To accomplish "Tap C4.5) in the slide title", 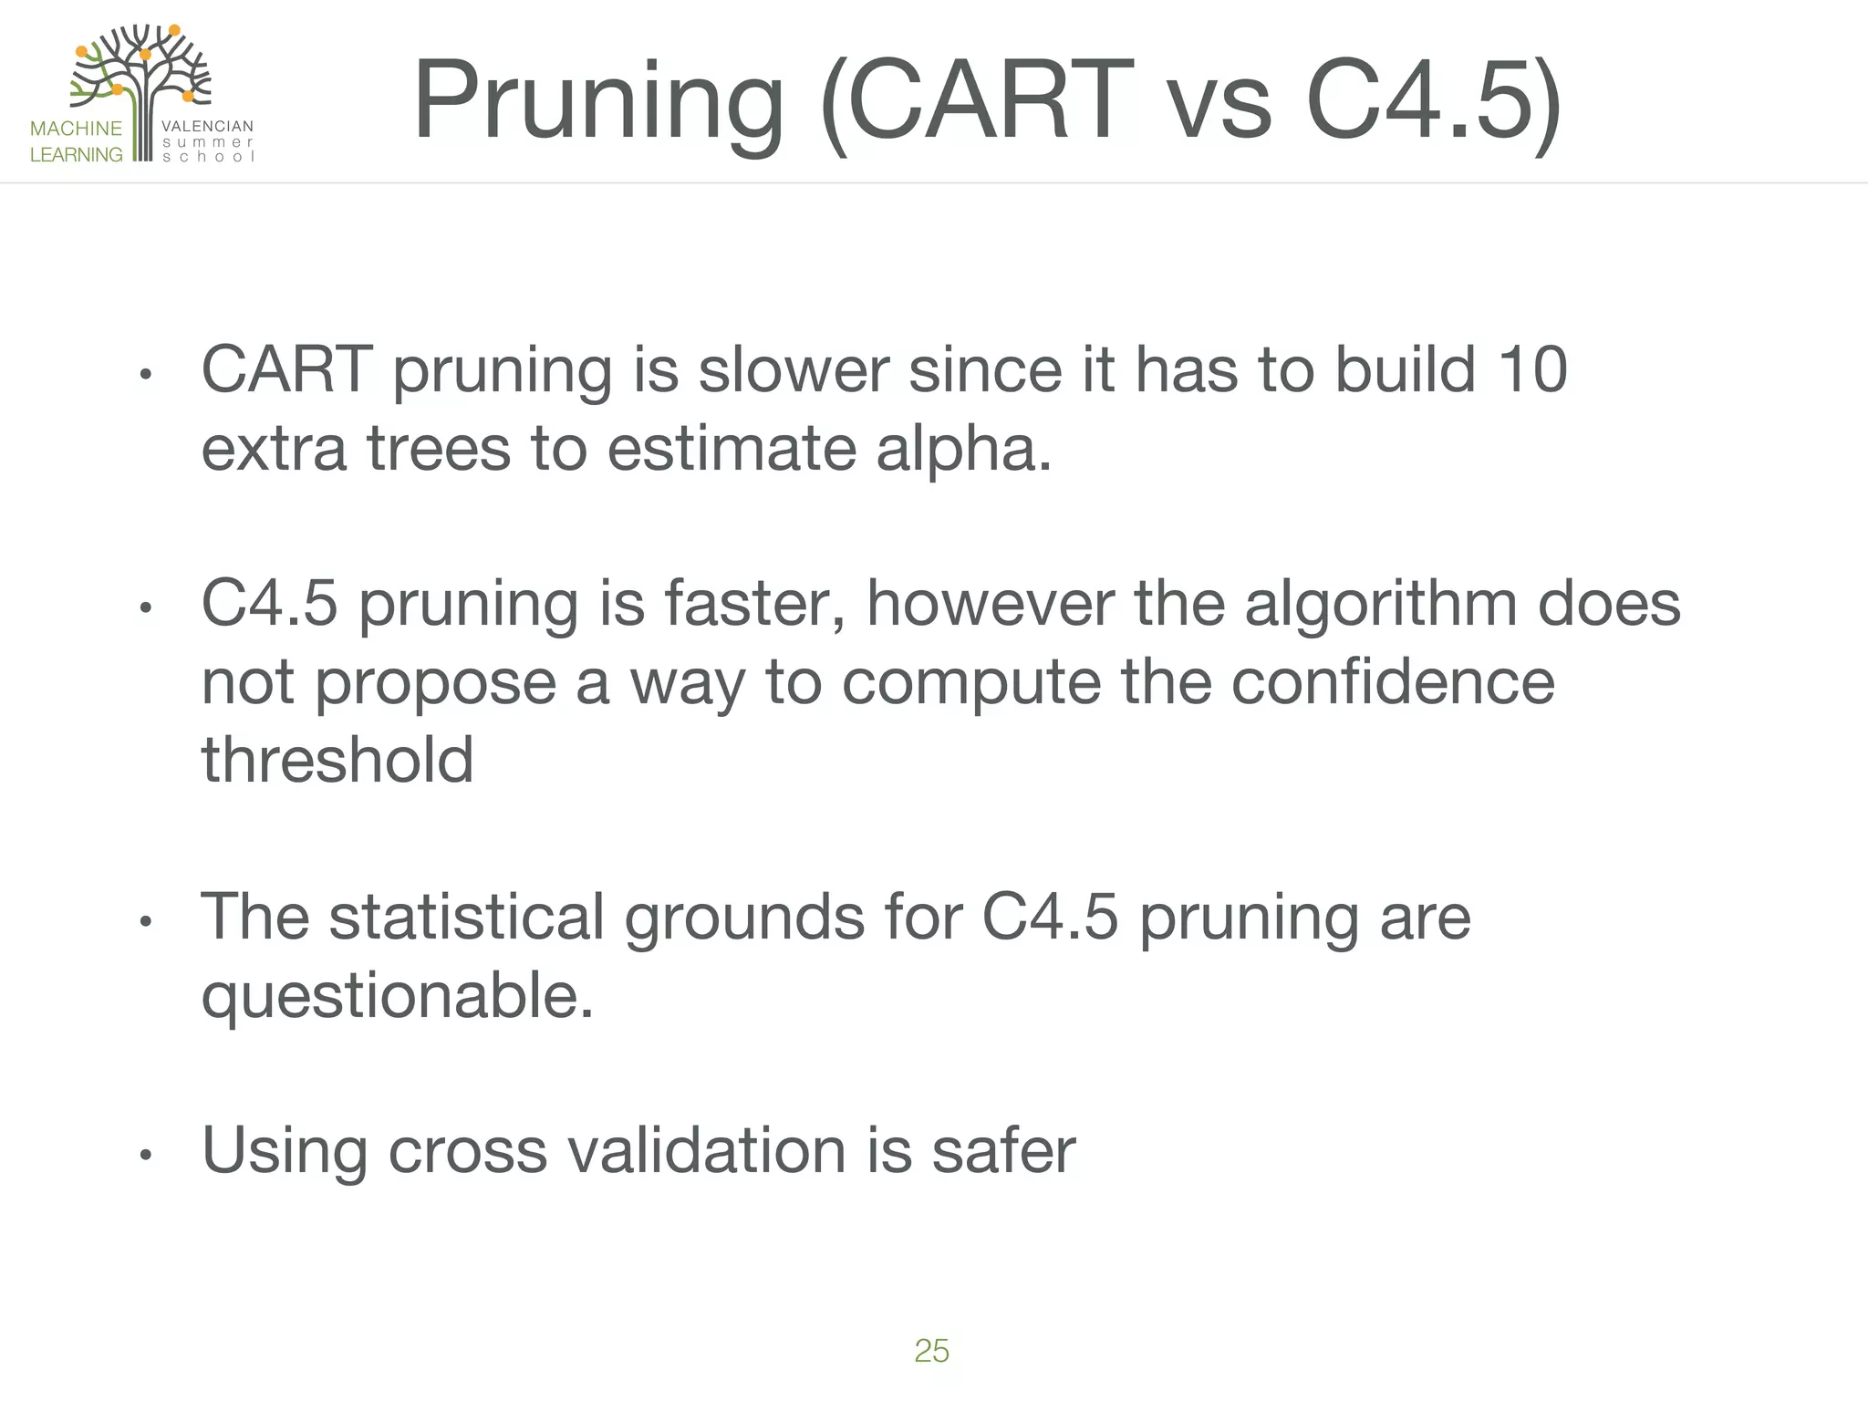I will pyautogui.click(x=1433, y=100).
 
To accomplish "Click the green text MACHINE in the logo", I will pyautogui.click(x=76, y=129).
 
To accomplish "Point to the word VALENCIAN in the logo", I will pyautogui.click(x=207, y=126).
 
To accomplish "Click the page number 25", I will pyautogui.click(x=931, y=1351).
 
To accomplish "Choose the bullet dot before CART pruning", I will pyautogui.click(x=144, y=375).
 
